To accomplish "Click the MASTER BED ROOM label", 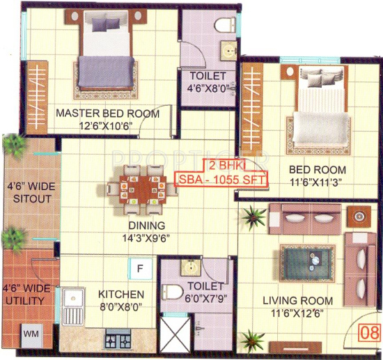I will [x=108, y=114].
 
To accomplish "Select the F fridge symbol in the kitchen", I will [x=140, y=267].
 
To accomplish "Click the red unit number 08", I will [x=370, y=331].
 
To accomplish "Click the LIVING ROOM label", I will [x=297, y=301].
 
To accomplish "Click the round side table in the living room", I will [x=359, y=217].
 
